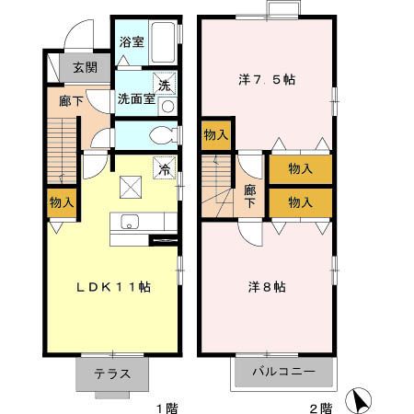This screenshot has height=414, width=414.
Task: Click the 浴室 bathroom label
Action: pyautogui.click(x=131, y=41)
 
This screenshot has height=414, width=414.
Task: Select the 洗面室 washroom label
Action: pyautogui.click(x=134, y=98)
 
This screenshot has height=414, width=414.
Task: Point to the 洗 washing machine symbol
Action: pyautogui.click(x=166, y=84)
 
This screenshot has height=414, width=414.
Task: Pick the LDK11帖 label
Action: pyautogui.click(x=113, y=287)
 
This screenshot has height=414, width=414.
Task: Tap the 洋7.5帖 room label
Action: pyautogui.click(x=267, y=79)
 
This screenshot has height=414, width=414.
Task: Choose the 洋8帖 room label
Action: pyautogui.click(x=268, y=286)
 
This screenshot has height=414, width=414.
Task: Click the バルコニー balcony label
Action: pyautogui.click(x=284, y=374)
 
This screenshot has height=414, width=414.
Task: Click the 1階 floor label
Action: pyautogui.click(x=166, y=406)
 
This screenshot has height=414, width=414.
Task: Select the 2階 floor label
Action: pyautogui.click(x=319, y=406)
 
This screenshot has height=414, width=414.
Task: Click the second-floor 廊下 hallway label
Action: pyautogui.click(x=249, y=196)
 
